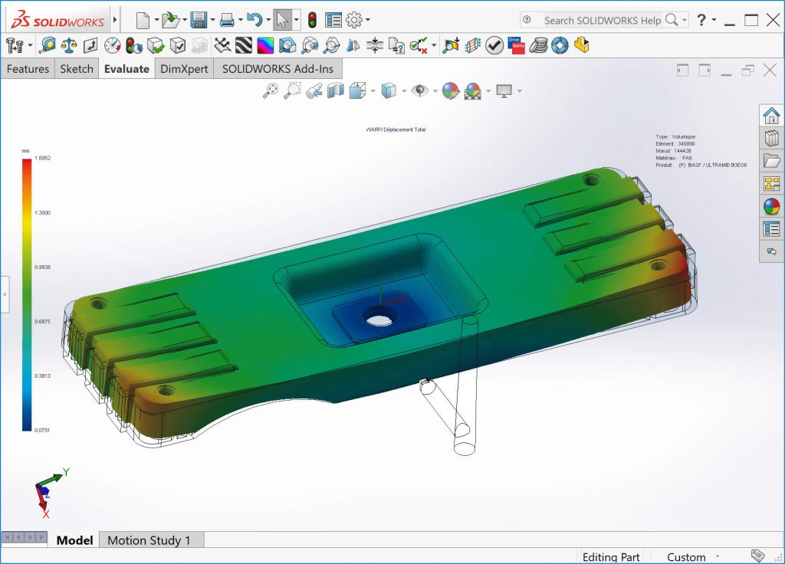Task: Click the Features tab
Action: pos(28,69)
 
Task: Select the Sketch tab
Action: pos(77,69)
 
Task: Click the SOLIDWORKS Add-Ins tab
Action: pos(277,69)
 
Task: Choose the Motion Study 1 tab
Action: pos(149,540)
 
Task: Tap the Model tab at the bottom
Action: pos(75,540)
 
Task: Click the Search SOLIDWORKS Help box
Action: pos(602,20)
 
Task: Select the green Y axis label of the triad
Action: pos(67,472)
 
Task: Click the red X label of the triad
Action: pos(46,514)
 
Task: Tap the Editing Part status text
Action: pos(611,557)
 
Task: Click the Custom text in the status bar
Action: pos(686,557)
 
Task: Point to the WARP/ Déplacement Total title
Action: pos(396,130)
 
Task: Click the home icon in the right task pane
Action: pos(771,116)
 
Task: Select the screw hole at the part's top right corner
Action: pos(590,180)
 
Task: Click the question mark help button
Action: pos(701,20)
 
